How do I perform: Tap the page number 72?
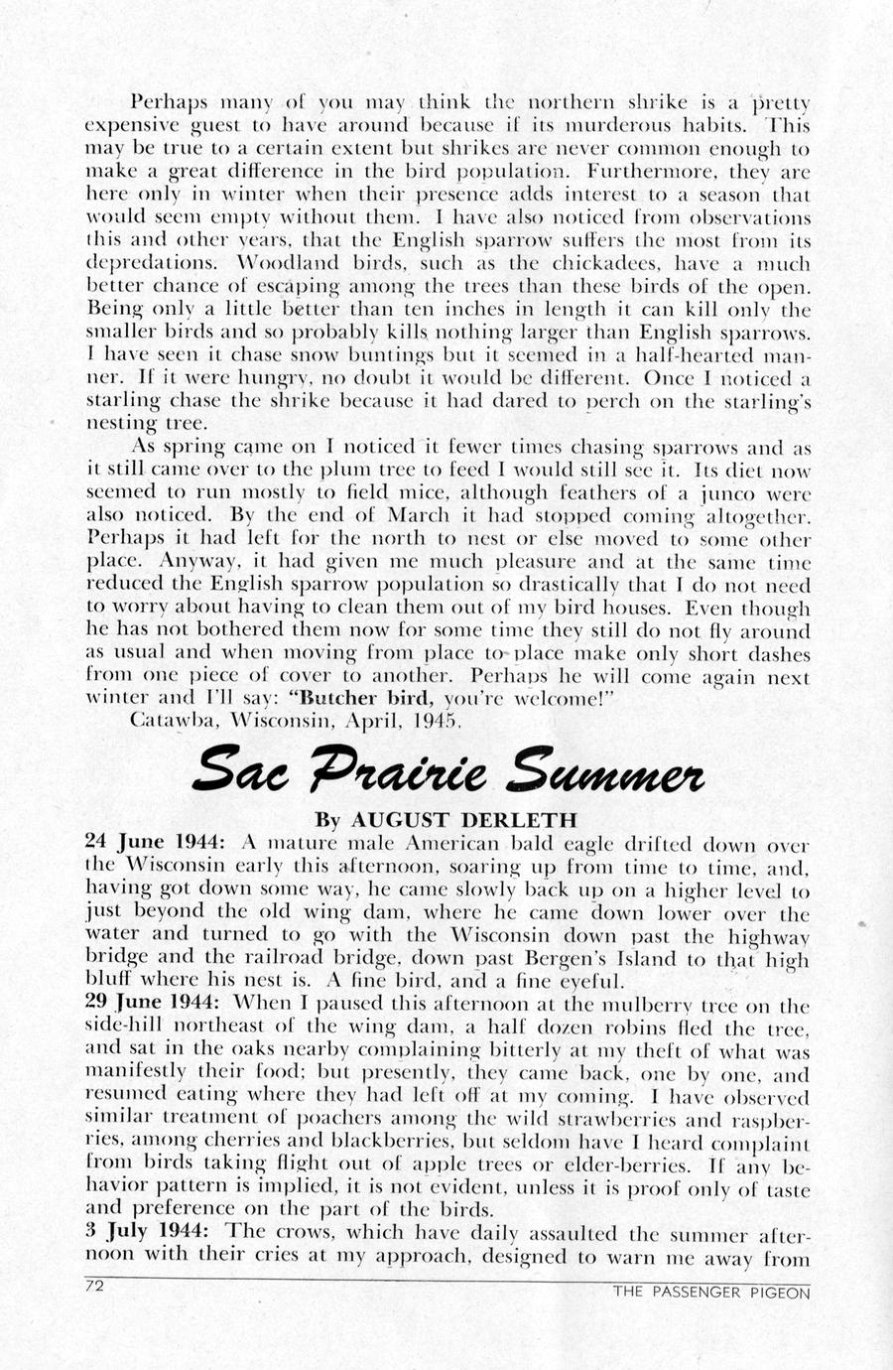95,1286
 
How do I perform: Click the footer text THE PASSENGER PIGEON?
710,1292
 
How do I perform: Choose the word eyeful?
566,982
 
